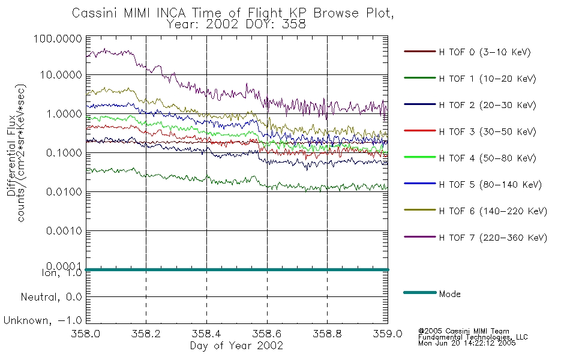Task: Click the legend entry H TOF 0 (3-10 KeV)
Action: pyautogui.click(x=485, y=52)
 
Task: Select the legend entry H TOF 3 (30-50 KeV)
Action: pyautogui.click(x=487, y=131)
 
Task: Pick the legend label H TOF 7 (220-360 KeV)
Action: pyautogui.click(x=493, y=238)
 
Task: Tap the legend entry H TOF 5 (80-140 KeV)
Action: pyautogui.click(x=490, y=185)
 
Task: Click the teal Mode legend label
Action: pyautogui.click(x=449, y=294)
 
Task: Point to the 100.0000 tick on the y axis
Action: pyautogui.click(x=58, y=38)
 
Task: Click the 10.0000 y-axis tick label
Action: pyautogui.click(x=61, y=75)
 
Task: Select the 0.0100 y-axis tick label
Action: pyautogui.click(x=64, y=191)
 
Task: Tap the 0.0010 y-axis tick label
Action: pyautogui.click(x=64, y=230)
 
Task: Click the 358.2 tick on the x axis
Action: pyautogui.click(x=146, y=334)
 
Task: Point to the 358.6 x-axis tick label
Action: pyautogui.click(x=267, y=334)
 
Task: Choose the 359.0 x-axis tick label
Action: pyautogui.click(x=388, y=334)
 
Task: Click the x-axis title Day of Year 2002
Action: pyautogui.click(x=236, y=346)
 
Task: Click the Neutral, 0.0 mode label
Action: pyautogui.click(x=51, y=297)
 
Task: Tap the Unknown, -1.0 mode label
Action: pyautogui.click(x=43, y=320)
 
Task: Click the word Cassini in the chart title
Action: pyautogui.click(x=95, y=13)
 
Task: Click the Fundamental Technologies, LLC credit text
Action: pyautogui.click(x=473, y=337)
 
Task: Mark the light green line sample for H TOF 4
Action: pyautogui.click(x=420, y=157)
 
